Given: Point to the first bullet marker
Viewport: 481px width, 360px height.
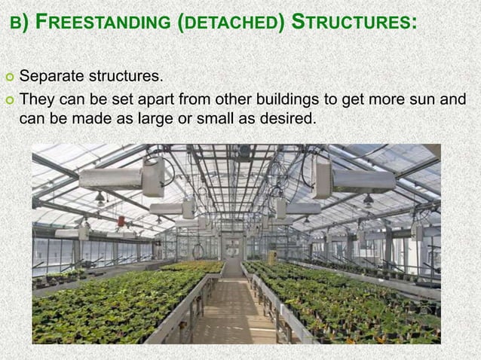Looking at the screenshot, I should pos(8,77).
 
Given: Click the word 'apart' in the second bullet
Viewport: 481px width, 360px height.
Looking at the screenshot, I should pos(132,99).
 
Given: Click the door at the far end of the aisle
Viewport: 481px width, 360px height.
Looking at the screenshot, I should pos(232,249).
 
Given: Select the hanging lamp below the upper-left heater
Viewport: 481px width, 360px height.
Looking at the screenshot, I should pos(100,199).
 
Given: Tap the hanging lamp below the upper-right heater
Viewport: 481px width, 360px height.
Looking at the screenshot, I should pos(368,200).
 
